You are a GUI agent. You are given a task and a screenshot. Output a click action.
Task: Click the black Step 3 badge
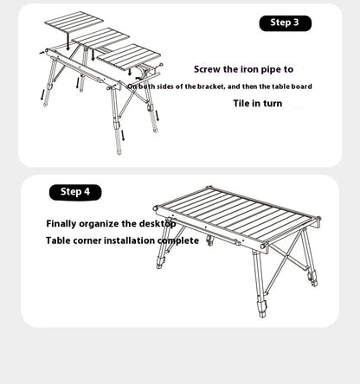tap(285, 23)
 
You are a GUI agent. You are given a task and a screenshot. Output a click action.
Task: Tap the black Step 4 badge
tap(75, 192)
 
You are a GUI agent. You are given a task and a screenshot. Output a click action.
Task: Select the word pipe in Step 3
tap(269, 69)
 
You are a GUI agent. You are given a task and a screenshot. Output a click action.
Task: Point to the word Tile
tap(244, 103)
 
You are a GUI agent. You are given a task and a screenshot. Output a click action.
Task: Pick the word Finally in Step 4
tap(65, 223)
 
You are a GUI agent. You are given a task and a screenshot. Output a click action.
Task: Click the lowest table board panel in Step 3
tap(129, 60)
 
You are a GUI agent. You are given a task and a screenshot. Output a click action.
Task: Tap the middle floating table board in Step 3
tap(102, 39)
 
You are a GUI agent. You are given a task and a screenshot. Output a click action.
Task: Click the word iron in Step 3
tap(247, 69)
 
